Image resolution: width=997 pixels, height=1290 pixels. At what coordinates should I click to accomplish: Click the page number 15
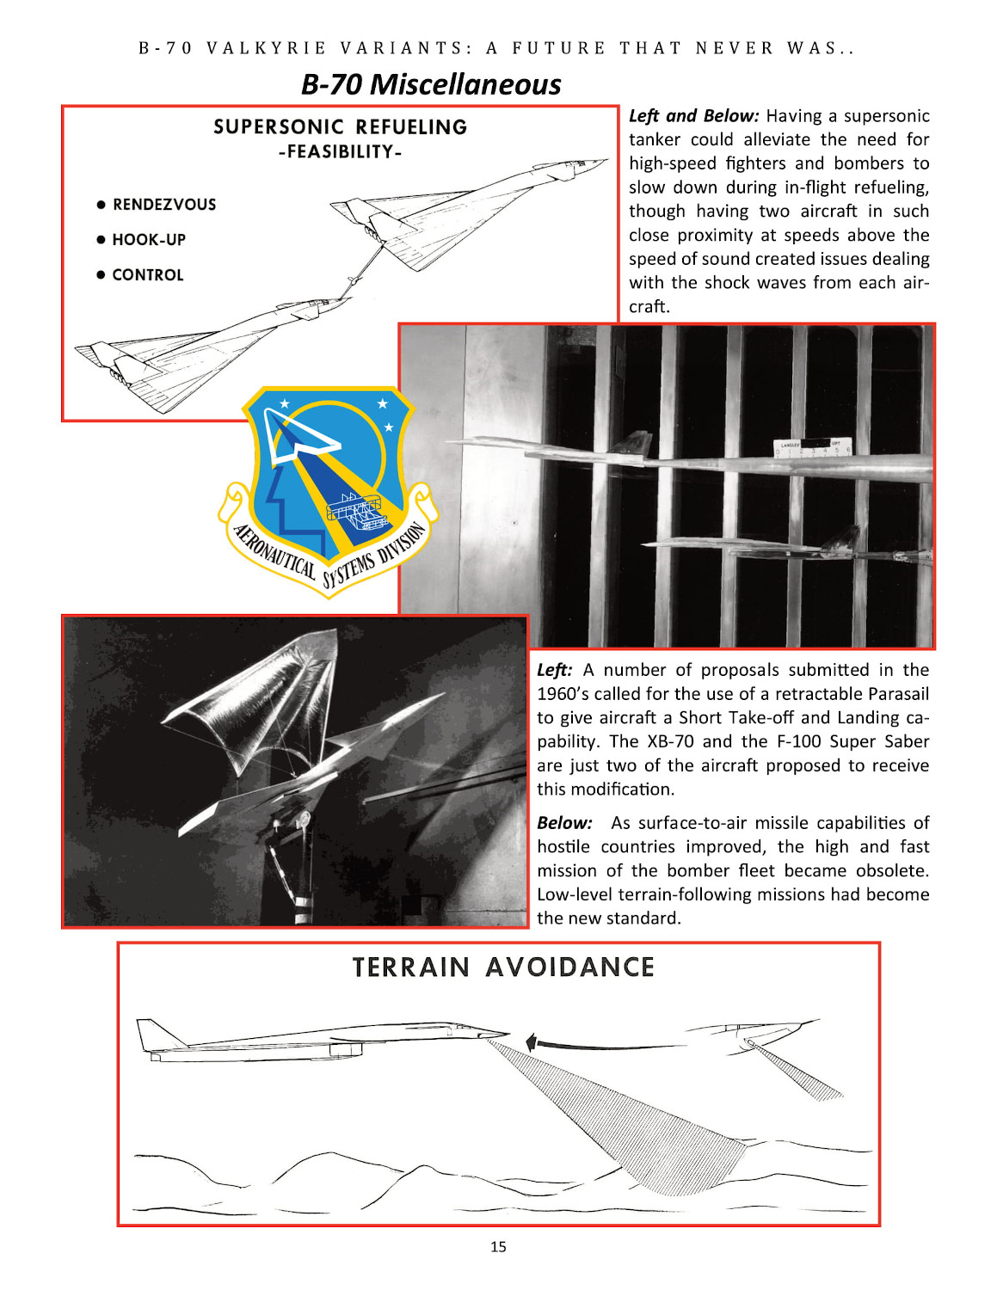pyautogui.click(x=498, y=1246)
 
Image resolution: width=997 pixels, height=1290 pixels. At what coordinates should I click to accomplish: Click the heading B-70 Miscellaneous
pyautogui.click(x=430, y=84)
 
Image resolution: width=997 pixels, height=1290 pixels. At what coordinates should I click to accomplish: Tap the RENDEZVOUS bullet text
pyautogui.click(x=163, y=205)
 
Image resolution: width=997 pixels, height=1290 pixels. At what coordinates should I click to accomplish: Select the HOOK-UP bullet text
pyautogui.click(x=148, y=240)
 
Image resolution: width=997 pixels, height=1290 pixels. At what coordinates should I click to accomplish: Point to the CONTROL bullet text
pyautogui.click(x=147, y=275)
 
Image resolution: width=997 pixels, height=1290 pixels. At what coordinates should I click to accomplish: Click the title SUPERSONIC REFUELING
pyautogui.click(x=340, y=127)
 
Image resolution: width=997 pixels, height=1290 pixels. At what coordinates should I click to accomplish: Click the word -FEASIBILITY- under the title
pyautogui.click(x=340, y=152)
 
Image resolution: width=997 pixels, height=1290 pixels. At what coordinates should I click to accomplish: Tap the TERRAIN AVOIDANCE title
pyautogui.click(x=503, y=967)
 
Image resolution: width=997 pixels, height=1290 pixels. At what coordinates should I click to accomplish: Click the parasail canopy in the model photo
pyautogui.click(x=267, y=688)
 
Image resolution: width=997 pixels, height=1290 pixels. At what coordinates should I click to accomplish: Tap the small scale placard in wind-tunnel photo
pyautogui.click(x=812, y=447)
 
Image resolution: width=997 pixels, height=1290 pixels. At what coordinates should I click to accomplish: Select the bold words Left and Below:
pyautogui.click(x=693, y=116)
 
